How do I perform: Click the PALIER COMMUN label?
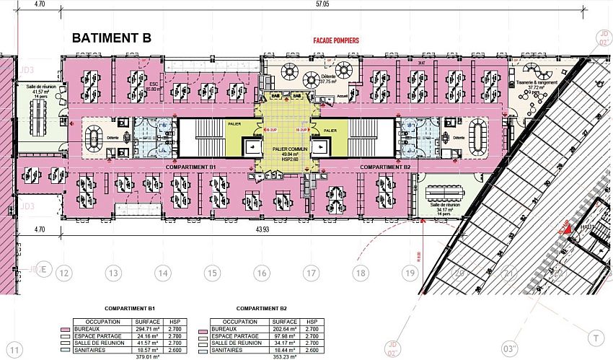[x=286, y=148]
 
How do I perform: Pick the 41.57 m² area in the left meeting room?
[x=40, y=92]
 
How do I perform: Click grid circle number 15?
[x=211, y=273]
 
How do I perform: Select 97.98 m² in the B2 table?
[x=286, y=335]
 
